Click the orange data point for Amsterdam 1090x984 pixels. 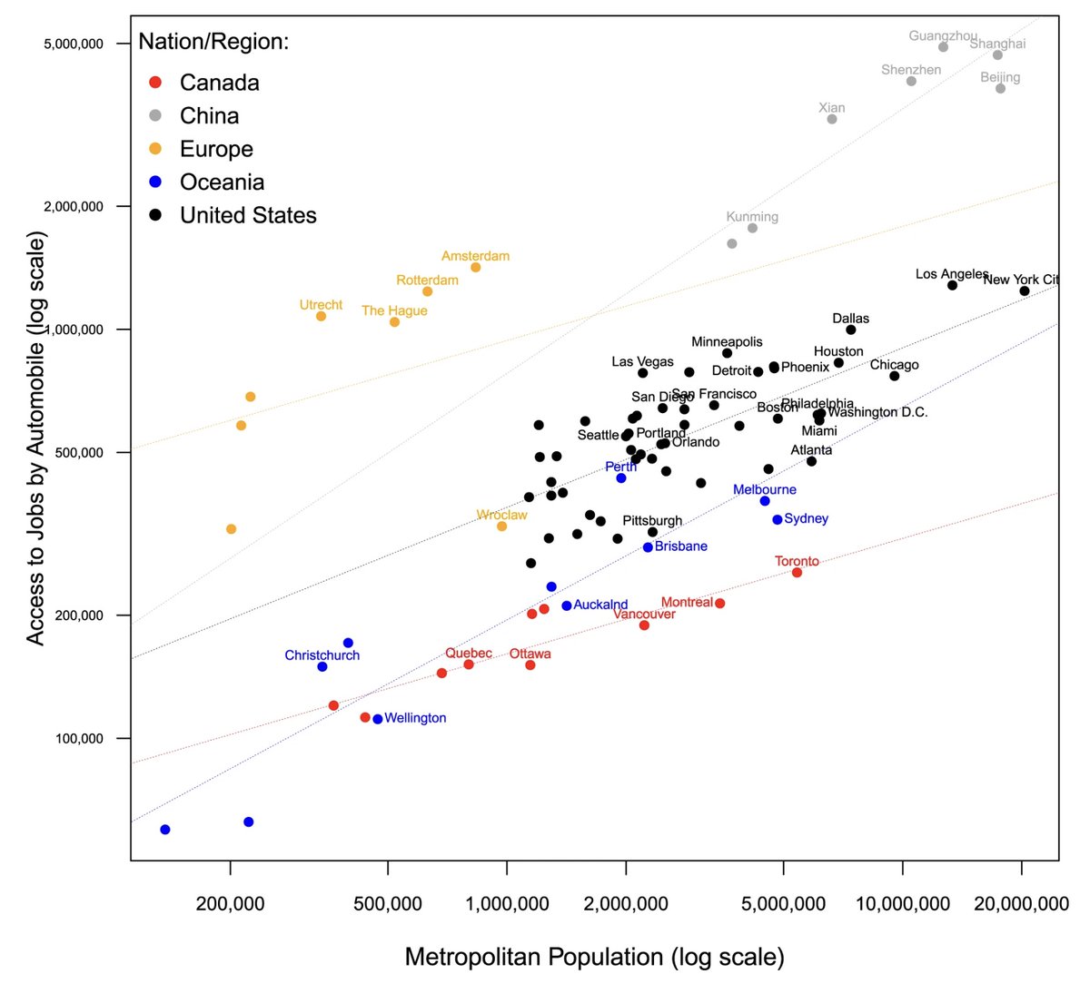click(x=475, y=267)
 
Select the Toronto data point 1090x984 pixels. click(x=797, y=572)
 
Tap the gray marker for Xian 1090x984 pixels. click(x=831, y=119)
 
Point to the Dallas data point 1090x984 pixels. click(x=850, y=330)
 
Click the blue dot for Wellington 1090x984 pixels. click(x=378, y=719)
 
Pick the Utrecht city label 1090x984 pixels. click(x=321, y=305)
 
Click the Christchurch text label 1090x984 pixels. click(x=322, y=655)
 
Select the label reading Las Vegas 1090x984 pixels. click(x=642, y=361)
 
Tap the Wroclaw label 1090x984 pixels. click(x=501, y=515)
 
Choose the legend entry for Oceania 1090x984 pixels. click(x=222, y=182)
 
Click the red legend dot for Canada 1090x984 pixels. click(x=155, y=83)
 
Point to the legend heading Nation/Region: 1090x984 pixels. click(x=213, y=42)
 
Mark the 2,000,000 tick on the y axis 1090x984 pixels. click(x=74, y=206)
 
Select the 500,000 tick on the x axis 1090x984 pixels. click(x=389, y=903)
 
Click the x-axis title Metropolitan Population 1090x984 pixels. click(x=594, y=957)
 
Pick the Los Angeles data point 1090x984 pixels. click(x=952, y=285)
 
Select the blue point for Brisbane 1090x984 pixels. click(x=648, y=547)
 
